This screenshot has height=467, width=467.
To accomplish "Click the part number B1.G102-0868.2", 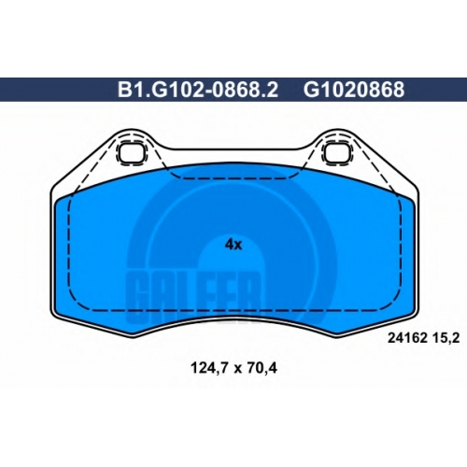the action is click(x=198, y=90).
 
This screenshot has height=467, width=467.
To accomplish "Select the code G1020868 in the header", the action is click(x=354, y=90).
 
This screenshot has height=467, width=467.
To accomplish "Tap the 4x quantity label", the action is click(x=233, y=245).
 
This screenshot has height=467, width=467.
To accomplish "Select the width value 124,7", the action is click(x=209, y=369).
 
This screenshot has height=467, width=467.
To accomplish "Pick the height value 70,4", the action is click(x=262, y=369).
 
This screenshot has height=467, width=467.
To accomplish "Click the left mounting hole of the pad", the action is click(x=131, y=152).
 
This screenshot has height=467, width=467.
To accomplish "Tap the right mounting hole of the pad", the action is click(x=336, y=152).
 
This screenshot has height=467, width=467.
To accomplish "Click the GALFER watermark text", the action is click(x=193, y=296).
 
